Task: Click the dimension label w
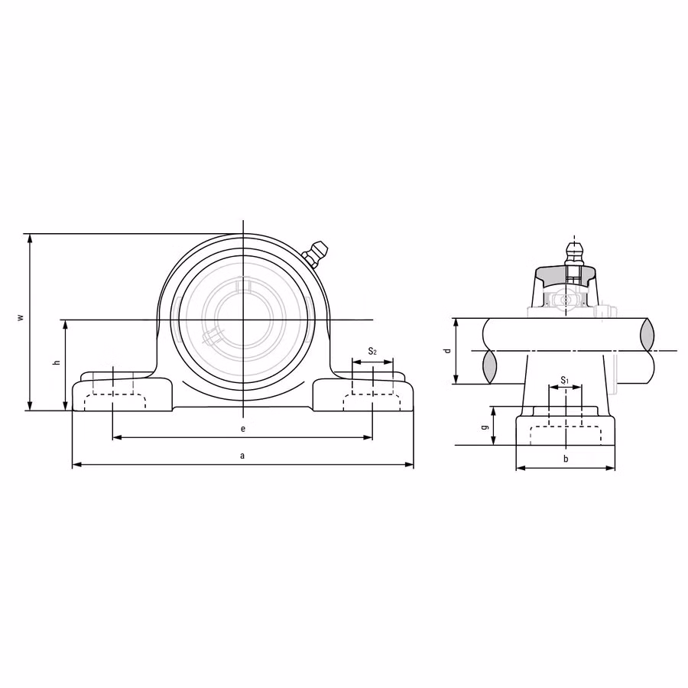21,316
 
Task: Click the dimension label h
57,362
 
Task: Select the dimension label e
242,429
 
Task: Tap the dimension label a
242,456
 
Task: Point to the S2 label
372,352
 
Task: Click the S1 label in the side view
565,380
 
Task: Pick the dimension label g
485,427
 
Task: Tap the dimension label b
565,459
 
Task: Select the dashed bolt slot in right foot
372,403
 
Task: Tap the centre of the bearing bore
242,320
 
